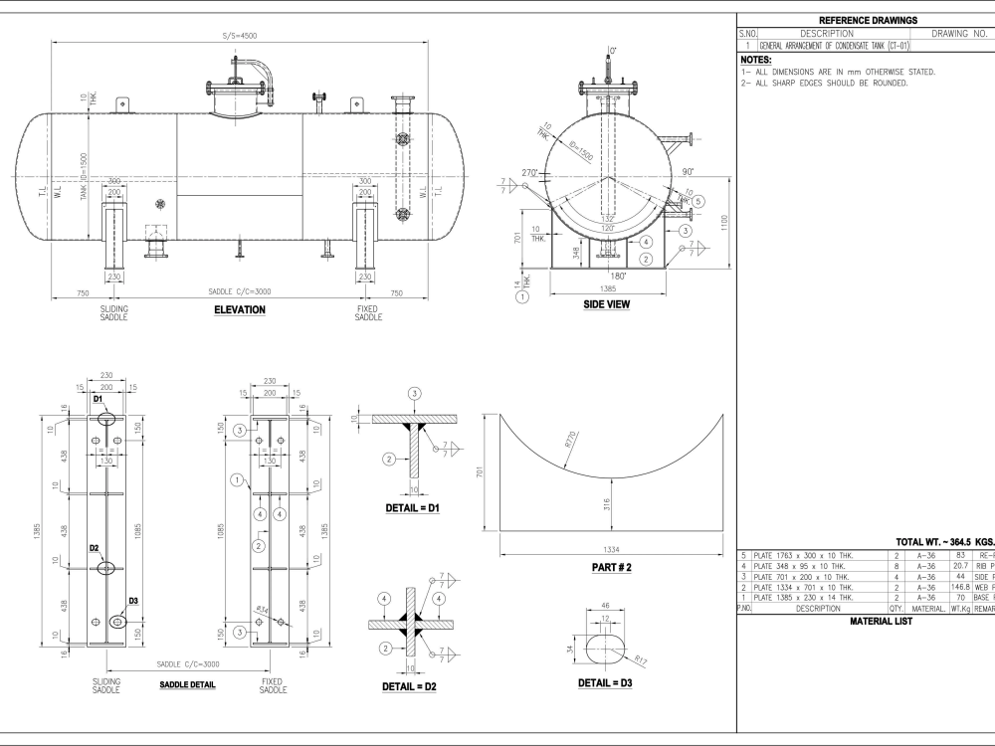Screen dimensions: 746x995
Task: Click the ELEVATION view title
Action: tap(240, 310)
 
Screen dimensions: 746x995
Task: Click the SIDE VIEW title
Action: tap(606, 304)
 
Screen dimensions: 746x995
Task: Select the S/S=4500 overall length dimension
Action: tap(240, 36)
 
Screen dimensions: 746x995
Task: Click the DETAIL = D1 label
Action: tap(412, 507)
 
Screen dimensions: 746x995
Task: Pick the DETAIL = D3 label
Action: tap(606, 682)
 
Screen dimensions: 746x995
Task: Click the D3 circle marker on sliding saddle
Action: tap(117, 622)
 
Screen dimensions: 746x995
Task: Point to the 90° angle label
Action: tap(689, 171)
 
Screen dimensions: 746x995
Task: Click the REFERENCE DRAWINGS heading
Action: tap(867, 20)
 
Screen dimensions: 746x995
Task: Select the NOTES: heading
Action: tap(756, 60)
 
